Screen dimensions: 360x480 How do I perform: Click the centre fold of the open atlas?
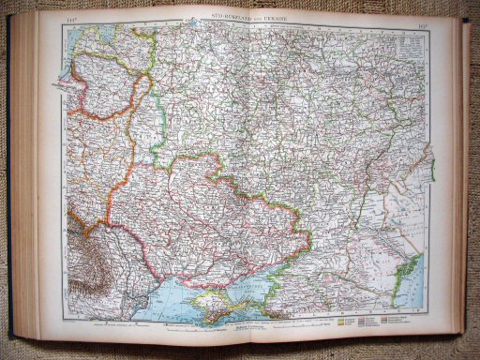(241, 178)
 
